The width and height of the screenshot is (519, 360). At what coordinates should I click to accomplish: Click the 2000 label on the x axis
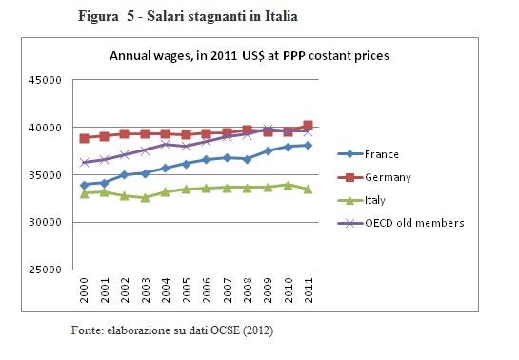point(85,289)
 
